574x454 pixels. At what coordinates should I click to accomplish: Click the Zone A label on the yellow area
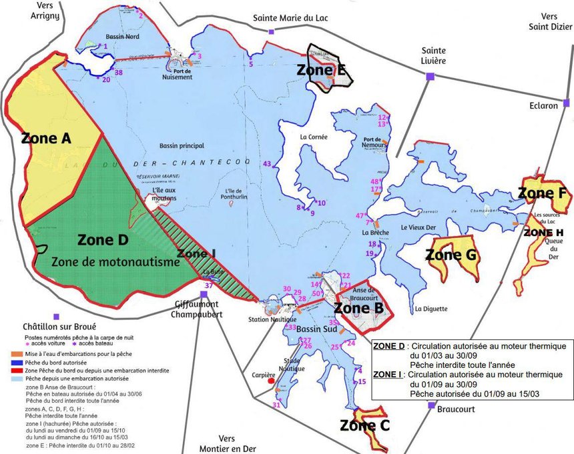click(x=47, y=138)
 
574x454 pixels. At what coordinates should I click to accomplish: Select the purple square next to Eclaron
click(x=566, y=103)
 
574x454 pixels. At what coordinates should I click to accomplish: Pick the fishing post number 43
click(x=268, y=164)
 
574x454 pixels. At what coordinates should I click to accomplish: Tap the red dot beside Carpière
click(x=271, y=382)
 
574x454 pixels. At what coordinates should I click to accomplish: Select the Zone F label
click(x=542, y=194)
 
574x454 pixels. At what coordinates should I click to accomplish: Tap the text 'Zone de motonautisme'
click(x=115, y=262)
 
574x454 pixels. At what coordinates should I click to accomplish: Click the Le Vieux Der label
click(x=418, y=227)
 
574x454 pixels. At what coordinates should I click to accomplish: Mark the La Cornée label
click(x=313, y=137)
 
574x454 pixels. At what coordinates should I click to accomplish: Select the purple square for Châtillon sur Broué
click(x=57, y=317)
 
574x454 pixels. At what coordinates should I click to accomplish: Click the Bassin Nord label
click(x=123, y=37)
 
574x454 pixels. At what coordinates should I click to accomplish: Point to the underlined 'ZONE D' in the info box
click(x=390, y=347)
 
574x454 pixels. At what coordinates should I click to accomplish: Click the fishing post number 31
click(x=276, y=405)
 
